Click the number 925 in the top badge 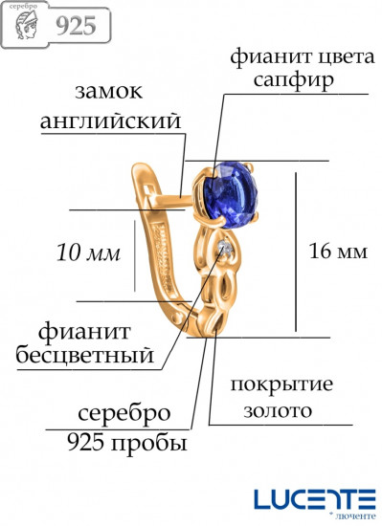tap(75, 26)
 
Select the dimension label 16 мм tap(339, 252)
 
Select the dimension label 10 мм tap(88, 253)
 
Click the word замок tap(108, 93)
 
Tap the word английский tap(111, 122)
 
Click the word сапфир tap(294, 80)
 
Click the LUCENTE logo tap(314, 497)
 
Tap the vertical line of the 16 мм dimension tap(297, 252)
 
